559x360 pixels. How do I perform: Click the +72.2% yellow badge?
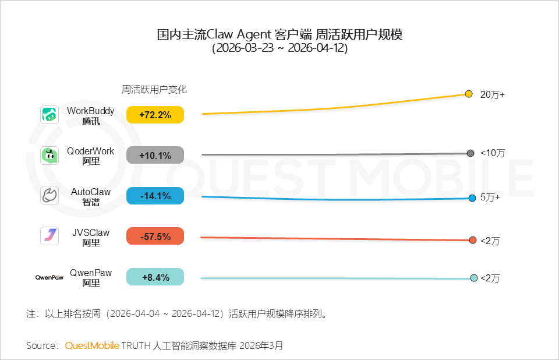coord(155,115)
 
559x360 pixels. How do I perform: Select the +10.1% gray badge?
coord(155,156)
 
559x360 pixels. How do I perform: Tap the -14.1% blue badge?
coord(155,196)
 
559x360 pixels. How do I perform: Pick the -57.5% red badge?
coord(155,237)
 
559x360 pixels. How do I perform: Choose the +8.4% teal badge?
coord(155,277)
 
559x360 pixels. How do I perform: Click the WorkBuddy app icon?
coord(49,115)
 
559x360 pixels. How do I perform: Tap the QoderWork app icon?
coord(49,156)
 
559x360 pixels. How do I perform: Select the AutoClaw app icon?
coord(49,196)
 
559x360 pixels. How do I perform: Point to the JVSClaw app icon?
coord(49,236)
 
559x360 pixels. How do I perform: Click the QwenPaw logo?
coord(49,277)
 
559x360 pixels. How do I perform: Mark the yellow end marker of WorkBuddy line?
coord(469,94)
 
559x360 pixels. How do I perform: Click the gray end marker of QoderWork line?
coord(470,153)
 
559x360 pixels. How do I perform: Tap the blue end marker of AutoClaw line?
coord(472,199)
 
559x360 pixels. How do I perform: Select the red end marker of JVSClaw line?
coord(473,240)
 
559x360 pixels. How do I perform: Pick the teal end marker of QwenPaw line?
coord(474,278)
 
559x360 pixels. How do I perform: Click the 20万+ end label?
coord(492,94)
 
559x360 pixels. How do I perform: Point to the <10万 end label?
coord(492,153)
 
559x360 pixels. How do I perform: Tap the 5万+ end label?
coord(490,197)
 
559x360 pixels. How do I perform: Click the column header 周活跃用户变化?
coord(154,90)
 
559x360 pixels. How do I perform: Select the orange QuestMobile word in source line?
coord(92,345)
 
